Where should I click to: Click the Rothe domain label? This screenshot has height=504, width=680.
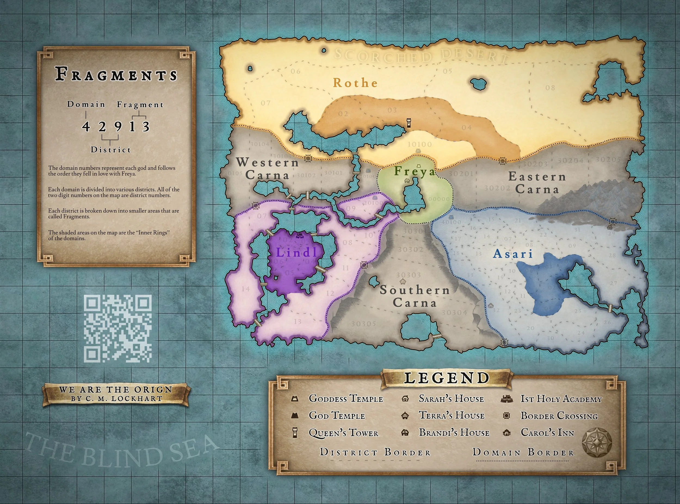355,83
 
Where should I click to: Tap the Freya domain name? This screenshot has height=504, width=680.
415,171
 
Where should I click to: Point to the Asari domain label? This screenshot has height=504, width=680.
513,254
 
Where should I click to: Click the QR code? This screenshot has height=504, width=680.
118,328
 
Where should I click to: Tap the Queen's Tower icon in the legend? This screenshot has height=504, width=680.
295,433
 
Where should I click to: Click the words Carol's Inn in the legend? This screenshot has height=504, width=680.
547,433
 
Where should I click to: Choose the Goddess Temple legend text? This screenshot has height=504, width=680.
346,399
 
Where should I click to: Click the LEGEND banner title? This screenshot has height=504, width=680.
447,378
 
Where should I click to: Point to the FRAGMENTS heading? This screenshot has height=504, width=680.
116,75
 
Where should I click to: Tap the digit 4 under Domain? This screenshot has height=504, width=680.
86,126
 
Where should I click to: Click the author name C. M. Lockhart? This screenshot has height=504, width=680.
122,398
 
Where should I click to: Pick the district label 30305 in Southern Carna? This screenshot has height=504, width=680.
363,323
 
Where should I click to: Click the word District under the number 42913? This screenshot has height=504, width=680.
111,150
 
